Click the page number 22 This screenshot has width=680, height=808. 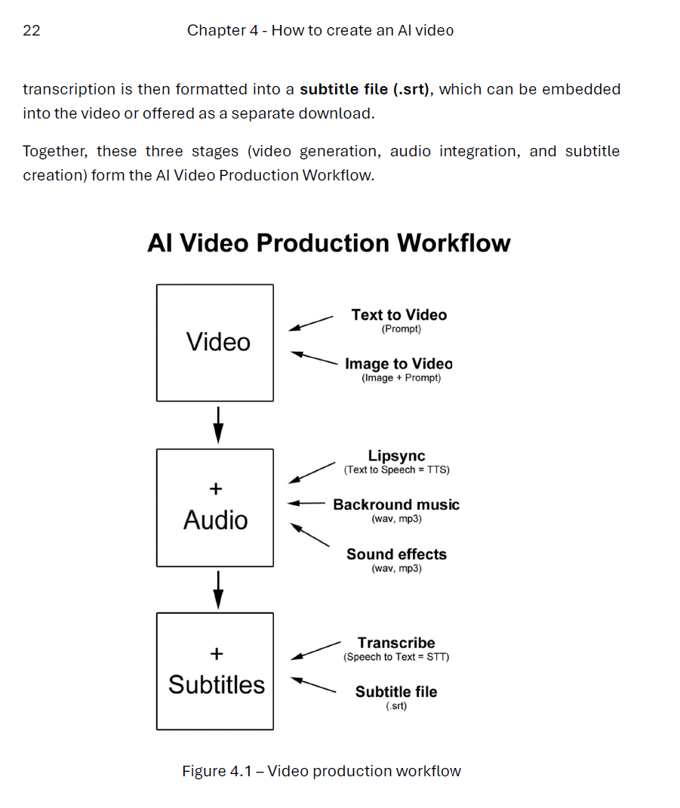point(32,31)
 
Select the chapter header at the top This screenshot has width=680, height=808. point(320,31)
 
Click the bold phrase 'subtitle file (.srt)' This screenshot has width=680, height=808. point(365,89)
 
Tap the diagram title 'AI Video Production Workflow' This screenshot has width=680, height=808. point(329,243)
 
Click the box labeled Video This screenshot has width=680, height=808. point(215,342)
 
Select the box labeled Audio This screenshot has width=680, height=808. point(215,507)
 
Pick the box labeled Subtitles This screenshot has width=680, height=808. point(215,671)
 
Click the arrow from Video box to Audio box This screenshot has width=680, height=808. point(218,425)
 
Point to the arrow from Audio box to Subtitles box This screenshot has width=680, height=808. point(218,589)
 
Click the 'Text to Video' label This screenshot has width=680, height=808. point(398,315)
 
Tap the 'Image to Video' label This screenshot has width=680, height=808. point(398,363)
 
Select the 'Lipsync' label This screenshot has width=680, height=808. point(396,456)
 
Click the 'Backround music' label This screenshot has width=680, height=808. point(396,504)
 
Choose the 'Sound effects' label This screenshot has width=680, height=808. point(396,554)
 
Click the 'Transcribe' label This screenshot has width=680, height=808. point(396,643)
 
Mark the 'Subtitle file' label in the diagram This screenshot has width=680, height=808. point(396,692)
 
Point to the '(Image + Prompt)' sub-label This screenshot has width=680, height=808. point(401,378)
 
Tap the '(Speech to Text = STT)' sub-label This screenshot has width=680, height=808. point(396,657)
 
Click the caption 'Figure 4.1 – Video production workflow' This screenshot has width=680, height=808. point(322,771)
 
